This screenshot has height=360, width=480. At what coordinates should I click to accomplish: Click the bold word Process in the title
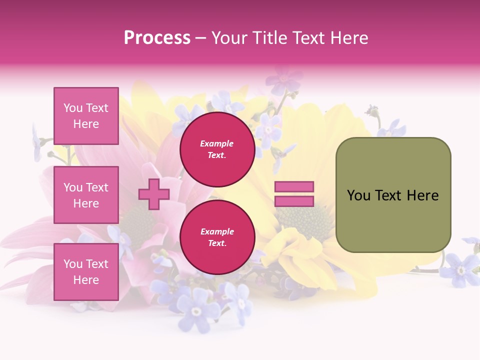(x=157, y=38)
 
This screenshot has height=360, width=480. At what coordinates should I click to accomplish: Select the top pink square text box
(x=86, y=116)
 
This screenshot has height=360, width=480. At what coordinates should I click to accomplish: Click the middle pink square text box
(x=86, y=195)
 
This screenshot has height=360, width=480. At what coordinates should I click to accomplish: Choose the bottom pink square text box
(x=86, y=272)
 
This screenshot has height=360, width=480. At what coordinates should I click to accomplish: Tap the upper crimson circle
(x=217, y=149)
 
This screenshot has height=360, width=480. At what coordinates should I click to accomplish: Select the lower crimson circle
(x=217, y=237)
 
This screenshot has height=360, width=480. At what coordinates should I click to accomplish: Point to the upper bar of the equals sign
(x=294, y=187)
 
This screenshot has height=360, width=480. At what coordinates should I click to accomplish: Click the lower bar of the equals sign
(x=294, y=201)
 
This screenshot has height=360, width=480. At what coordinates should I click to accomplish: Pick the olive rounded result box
(x=393, y=195)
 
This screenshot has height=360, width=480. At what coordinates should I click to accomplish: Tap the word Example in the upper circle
(x=217, y=143)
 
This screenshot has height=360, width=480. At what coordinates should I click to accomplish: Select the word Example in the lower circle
(x=217, y=231)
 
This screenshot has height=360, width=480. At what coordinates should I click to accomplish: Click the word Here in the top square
(x=86, y=124)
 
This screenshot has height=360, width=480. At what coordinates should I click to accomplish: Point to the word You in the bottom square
(x=72, y=264)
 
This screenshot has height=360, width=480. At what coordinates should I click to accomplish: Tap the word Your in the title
(x=228, y=38)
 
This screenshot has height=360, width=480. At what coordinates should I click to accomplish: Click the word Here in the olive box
(x=422, y=195)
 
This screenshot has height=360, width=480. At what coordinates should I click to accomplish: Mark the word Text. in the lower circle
(x=217, y=243)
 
